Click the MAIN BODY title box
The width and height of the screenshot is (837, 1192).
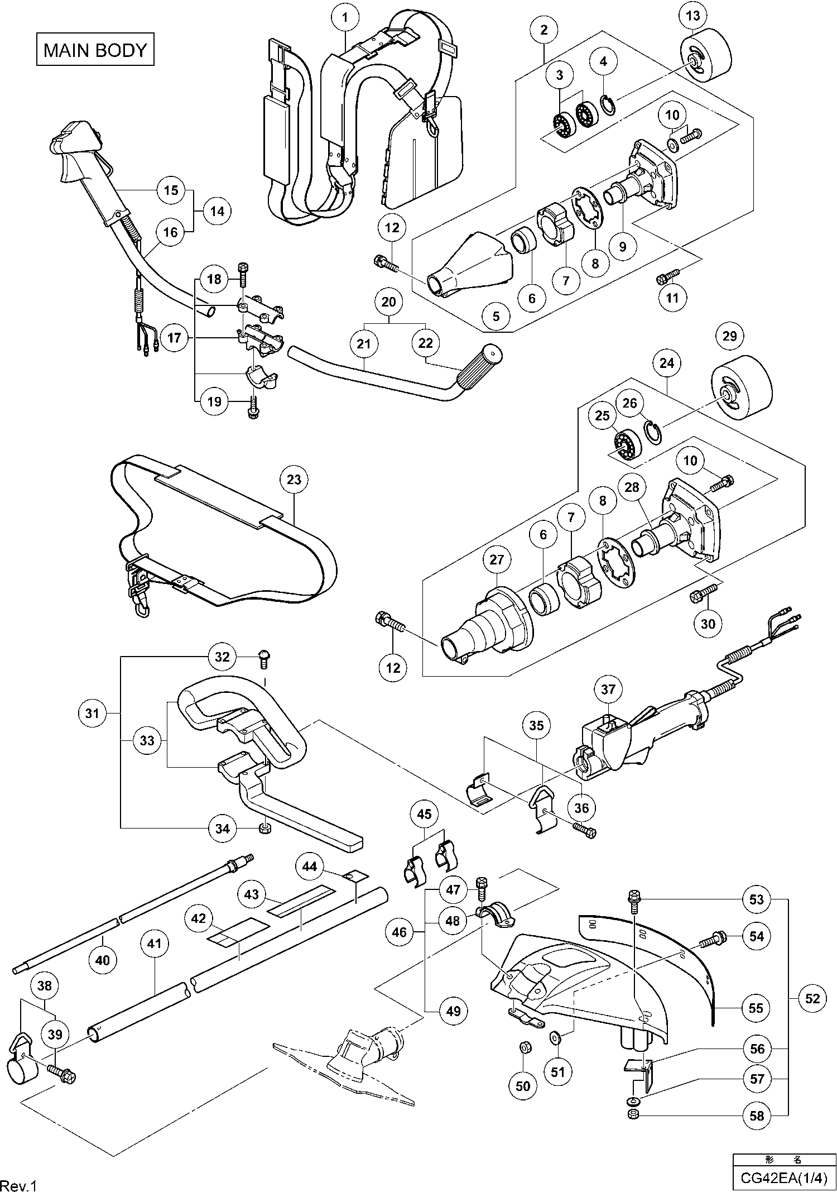click(95, 50)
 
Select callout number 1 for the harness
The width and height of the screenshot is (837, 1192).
click(345, 18)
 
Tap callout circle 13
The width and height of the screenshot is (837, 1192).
click(692, 16)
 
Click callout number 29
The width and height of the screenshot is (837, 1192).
click(729, 336)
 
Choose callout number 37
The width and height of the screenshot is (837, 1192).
click(608, 690)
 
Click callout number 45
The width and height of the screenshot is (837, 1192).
click(424, 815)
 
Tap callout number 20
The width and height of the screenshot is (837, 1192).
click(388, 302)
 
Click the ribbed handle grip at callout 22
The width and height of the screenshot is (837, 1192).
click(478, 367)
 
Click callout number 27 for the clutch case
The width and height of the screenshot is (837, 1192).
click(497, 560)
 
